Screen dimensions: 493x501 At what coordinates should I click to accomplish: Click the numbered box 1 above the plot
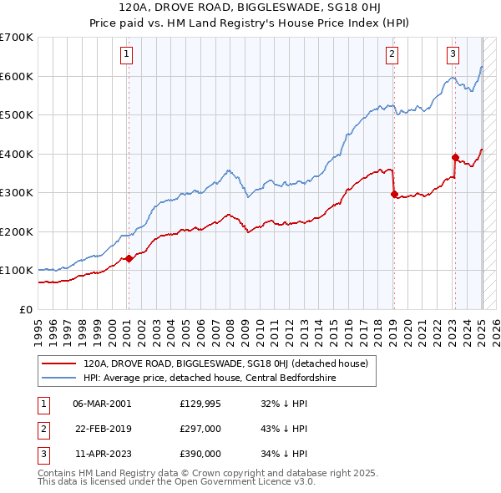click(x=126, y=56)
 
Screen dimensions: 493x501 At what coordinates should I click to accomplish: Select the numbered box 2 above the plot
click(x=392, y=56)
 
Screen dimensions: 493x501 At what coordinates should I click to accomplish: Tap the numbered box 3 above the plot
click(x=453, y=56)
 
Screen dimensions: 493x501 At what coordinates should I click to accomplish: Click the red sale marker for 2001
click(x=129, y=259)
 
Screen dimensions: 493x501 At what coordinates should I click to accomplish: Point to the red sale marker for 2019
click(x=394, y=194)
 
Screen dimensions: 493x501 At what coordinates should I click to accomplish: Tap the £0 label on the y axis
click(x=25, y=309)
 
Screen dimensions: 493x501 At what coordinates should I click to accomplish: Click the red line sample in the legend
click(x=59, y=363)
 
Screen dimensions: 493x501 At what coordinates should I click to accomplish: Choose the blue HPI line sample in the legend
click(x=59, y=378)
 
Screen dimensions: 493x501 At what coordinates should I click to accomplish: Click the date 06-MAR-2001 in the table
click(x=102, y=404)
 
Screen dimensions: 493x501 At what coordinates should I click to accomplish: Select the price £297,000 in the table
click(x=200, y=429)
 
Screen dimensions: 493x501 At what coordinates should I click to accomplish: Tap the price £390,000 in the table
click(x=200, y=454)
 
